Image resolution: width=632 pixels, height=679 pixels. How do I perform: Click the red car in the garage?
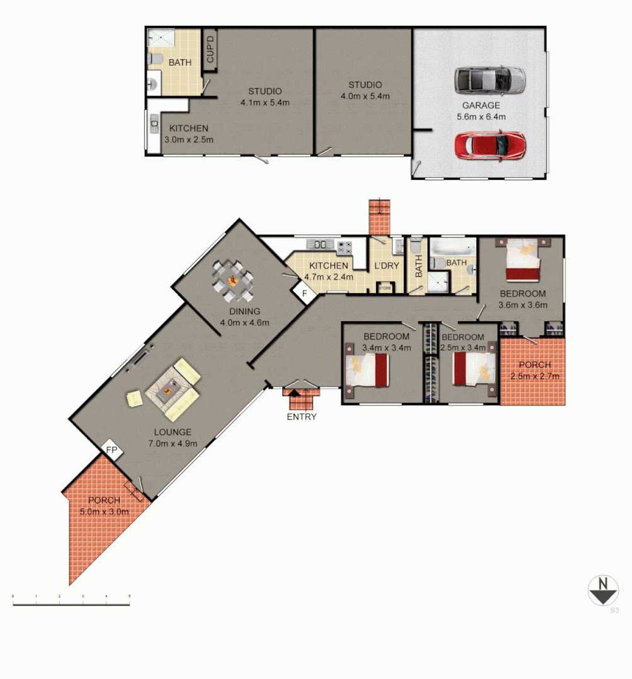(x=490, y=145)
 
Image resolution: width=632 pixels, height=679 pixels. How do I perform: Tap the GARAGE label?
(x=481, y=106)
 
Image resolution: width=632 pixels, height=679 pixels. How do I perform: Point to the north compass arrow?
(x=603, y=592)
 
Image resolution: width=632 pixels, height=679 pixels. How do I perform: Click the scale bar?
(x=71, y=604)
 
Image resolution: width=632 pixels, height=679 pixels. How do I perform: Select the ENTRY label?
(x=302, y=417)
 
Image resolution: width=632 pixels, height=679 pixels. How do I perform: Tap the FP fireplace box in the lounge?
(x=112, y=450)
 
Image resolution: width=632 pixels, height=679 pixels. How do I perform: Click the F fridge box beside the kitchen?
(x=304, y=293)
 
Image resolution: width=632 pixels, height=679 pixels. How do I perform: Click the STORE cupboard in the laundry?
(x=384, y=289)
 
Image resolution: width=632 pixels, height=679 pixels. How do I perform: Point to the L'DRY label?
(x=387, y=266)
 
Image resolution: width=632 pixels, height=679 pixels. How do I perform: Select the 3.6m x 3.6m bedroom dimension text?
(x=523, y=305)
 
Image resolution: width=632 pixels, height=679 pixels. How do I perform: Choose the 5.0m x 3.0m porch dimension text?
(x=104, y=511)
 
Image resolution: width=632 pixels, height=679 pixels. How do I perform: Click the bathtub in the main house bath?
(x=453, y=246)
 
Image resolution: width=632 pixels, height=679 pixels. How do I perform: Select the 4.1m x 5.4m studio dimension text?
(x=264, y=102)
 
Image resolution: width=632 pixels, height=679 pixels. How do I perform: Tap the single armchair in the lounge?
(x=134, y=398)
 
